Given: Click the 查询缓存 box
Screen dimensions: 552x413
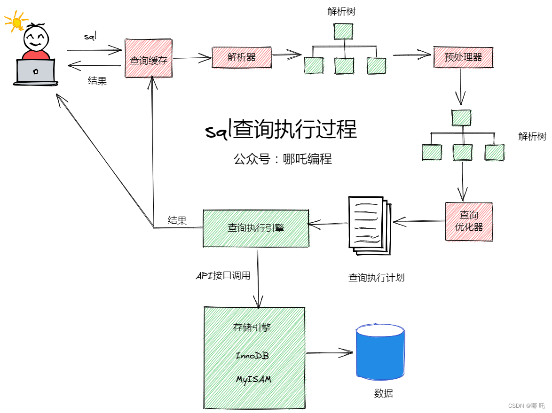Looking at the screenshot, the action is [x=149, y=58].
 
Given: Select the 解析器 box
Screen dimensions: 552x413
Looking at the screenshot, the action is [x=242, y=57].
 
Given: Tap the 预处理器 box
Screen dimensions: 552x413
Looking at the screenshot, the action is [x=463, y=57].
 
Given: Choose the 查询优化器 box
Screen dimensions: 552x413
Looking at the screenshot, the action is [x=469, y=221].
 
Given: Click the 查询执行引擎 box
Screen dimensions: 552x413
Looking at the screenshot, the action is [x=256, y=228].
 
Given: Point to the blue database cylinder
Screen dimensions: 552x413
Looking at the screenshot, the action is [x=380, y=352].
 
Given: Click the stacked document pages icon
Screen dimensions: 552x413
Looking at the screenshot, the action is [x=370, y=226].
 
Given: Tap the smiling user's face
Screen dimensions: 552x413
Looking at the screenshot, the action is [x=36, y=38].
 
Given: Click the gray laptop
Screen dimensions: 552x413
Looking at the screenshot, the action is [x=36, y=72].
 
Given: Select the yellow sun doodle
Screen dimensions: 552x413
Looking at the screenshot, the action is [x=16, y=22].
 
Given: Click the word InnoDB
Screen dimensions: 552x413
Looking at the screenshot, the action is [x=252, y=356].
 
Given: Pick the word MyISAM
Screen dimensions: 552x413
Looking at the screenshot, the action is [x=253, y=379].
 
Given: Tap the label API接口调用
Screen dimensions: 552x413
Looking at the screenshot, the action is [x=223, y=275].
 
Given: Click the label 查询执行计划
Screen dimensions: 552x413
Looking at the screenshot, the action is [x=376, y=278].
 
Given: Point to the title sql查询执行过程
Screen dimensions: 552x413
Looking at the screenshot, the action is [x=281, y=129].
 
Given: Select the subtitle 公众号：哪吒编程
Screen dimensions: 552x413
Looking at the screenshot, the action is [x=283, y=159].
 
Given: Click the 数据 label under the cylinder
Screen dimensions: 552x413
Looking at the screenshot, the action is [x=383, y=393].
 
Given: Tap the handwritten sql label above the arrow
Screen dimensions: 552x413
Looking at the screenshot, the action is [x=90, y=36].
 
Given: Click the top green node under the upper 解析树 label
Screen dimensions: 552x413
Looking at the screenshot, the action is [x=343, y=31].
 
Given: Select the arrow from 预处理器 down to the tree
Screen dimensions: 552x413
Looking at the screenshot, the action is [x=460, y=86].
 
